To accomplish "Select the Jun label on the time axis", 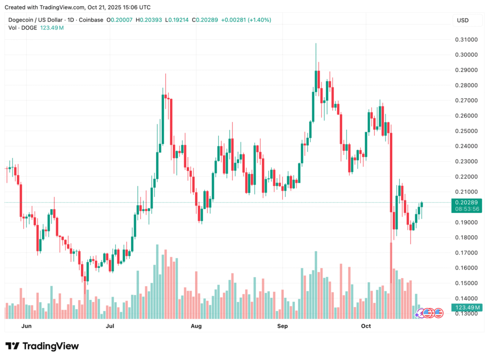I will tap(27, 325).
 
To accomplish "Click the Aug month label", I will tap(196, 325).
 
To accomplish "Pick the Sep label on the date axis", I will tap(282, 325).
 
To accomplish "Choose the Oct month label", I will tap(366, 325).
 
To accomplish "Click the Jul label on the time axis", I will tap(109, 325).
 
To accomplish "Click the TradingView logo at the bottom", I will tap(42, 346).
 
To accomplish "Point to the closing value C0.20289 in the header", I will tap(205, 20).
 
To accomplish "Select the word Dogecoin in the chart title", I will tap(23, 20).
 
